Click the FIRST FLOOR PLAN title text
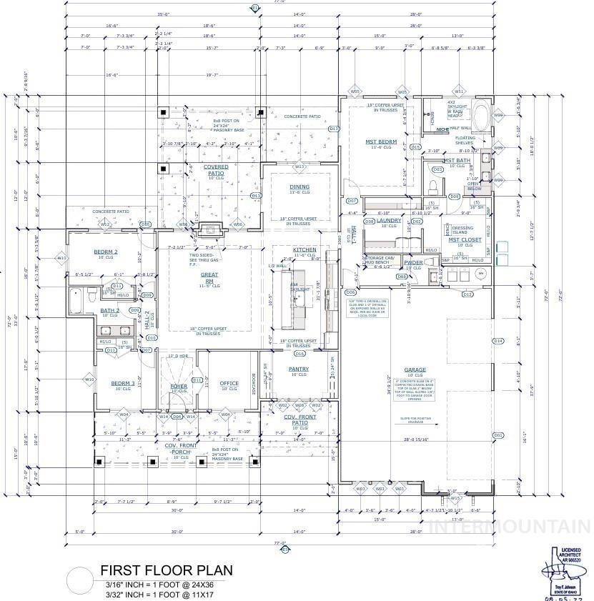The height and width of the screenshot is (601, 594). [166, 570]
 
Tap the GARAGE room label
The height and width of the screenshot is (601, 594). [415, 370]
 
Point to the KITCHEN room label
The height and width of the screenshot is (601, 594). [304, 250]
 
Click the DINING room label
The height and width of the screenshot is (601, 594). [300, 187]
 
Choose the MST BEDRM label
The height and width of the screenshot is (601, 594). [381, 142]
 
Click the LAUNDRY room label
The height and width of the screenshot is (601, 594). [390, 220]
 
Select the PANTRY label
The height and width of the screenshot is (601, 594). [299, 369]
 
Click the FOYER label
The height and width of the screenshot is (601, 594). [178, 386]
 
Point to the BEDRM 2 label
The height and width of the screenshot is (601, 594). [106, 252]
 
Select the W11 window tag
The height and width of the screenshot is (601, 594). [460, 91]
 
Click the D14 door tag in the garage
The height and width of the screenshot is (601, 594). [498, 341]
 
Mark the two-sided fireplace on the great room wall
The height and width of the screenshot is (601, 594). [209, 229]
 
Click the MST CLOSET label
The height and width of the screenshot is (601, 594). [465, 240]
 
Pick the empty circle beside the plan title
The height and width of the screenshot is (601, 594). [81, 580]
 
